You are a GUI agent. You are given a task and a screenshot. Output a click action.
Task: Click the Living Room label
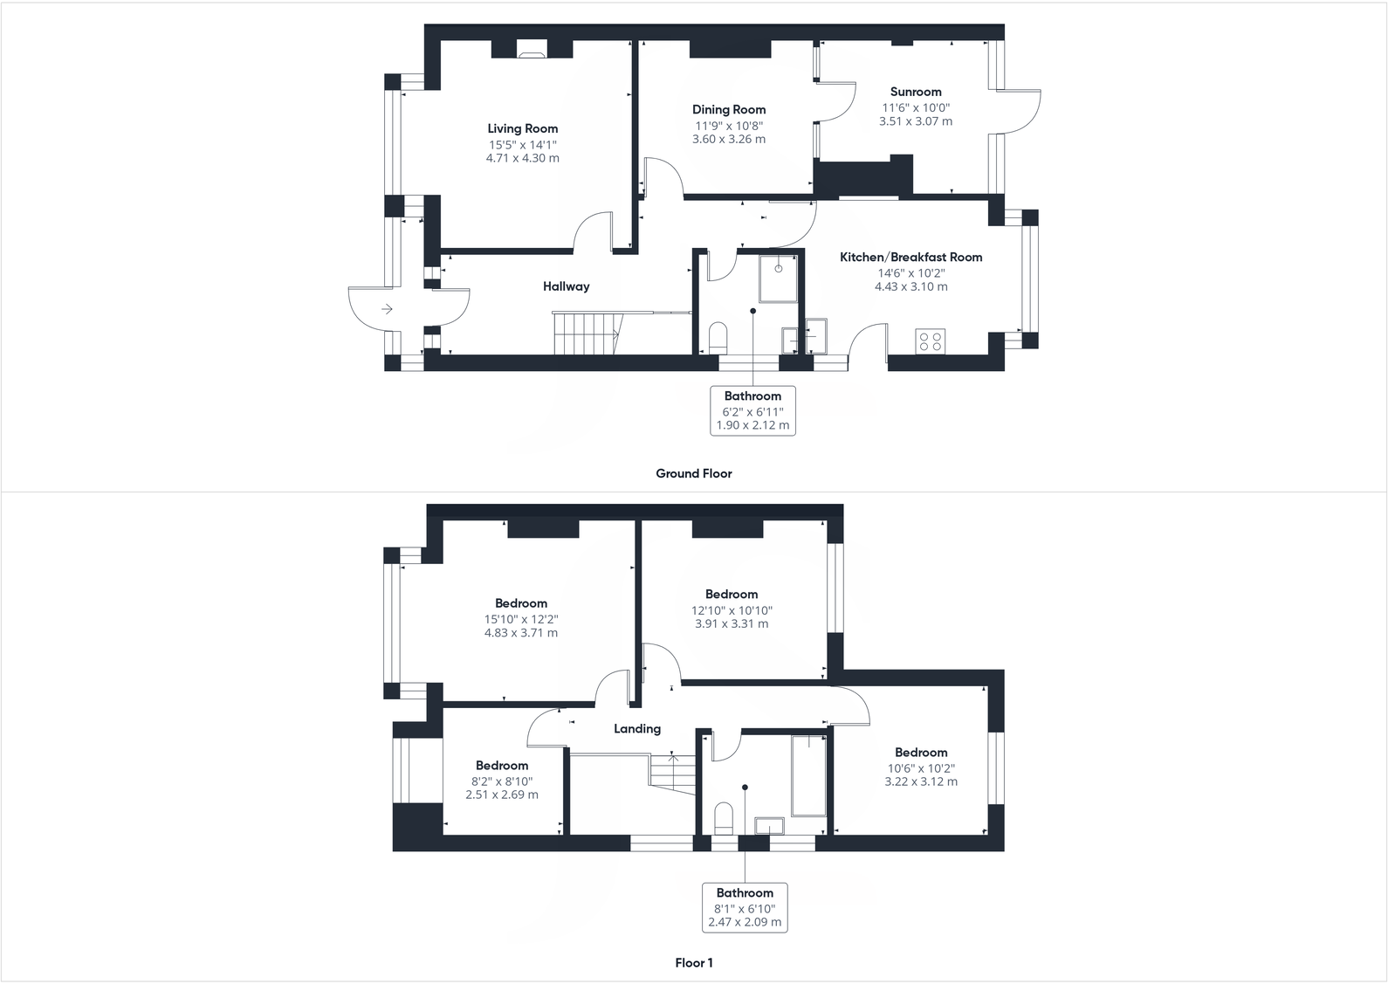click(x=522, y=128)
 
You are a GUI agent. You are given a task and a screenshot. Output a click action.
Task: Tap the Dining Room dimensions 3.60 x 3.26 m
click(x=728, y=139)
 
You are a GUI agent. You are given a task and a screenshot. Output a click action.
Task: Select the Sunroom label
click(x=916, y=92)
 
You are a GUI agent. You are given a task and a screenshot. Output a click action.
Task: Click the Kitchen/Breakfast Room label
click(x=910, y=257)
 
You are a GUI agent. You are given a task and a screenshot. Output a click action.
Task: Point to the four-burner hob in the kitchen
click(x=930, y=341)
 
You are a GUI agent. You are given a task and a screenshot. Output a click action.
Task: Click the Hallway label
click(x=566, y=286)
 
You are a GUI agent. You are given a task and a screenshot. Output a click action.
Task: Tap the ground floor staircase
click(x=586, y=334)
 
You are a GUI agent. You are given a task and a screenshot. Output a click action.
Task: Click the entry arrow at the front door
click(x=387, y=309)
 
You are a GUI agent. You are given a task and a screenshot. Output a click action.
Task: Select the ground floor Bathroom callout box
click(x=752, y=410)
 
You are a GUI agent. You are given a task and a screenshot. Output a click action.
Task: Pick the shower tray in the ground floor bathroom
click(x=779, y=278)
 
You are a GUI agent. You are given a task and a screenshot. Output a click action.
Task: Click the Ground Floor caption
click(x=694, y=473)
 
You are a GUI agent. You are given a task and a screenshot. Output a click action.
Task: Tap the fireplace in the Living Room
click(x=532, y=50)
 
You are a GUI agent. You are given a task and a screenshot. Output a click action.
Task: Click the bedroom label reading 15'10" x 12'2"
click(x=521, y=619)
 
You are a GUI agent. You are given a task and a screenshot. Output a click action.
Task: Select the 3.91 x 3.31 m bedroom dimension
click(x=732, y=623)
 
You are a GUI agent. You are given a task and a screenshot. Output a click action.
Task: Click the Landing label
click(x=636, y=728)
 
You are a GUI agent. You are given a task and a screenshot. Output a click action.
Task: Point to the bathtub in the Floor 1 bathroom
click(x=808, y=775)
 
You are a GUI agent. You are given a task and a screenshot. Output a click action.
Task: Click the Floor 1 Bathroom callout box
click(x=745, y=907)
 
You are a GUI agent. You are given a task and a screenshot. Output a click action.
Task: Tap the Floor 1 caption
click(x=694, y=963)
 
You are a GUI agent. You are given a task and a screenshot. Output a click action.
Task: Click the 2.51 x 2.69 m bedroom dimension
click(x=502, y=795)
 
